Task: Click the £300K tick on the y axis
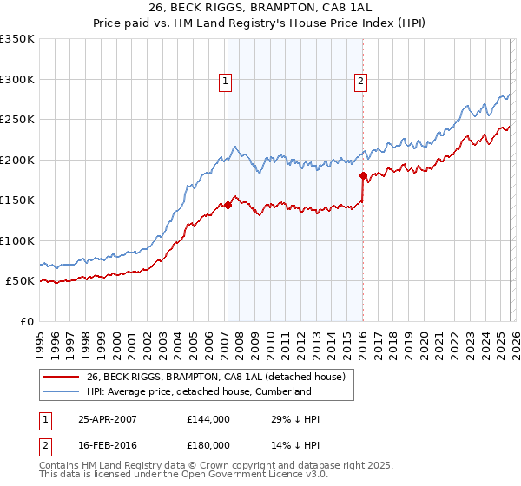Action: pyautogui.click(x=17, y=79)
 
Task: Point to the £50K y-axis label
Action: pyautogui.click(x=20, y=281)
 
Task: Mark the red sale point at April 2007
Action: pyautogui.click(x=228, y=206)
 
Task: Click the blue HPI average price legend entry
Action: pyautogui.click(x=198, y=391)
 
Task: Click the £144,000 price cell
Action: pyautogui.click(x=208, y=419)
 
